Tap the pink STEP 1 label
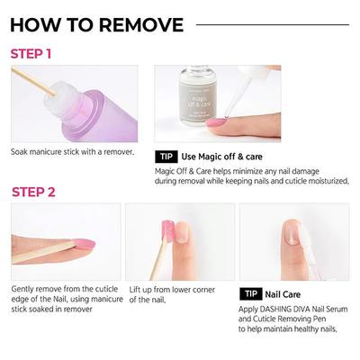coord(31,53)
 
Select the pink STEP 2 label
coord(33,192)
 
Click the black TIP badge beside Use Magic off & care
coord(166,156)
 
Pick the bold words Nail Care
coord(283,294)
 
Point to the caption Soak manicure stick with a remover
coord(72,151)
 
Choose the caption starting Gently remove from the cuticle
coord(63,290)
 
